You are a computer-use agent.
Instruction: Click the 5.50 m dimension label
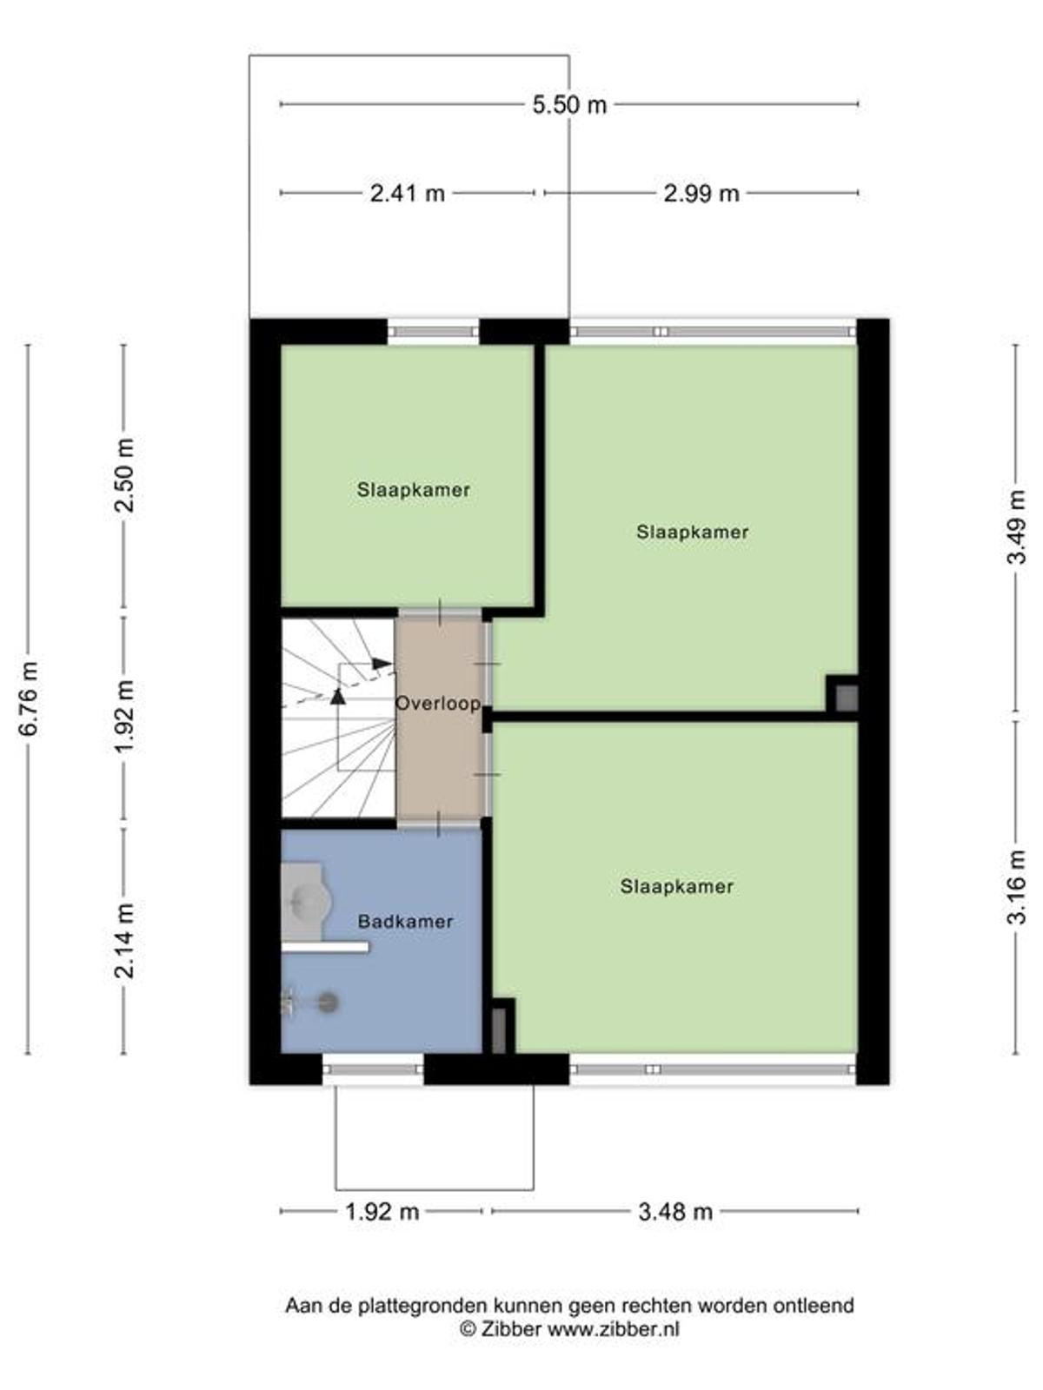[x=568, y=104]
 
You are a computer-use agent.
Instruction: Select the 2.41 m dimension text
[x=407, y=193]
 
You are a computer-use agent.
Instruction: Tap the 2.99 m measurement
[x=701, y=193]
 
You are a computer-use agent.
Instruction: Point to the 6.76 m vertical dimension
[x=29, y=698]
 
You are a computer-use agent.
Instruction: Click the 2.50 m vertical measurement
[x=125, y=475]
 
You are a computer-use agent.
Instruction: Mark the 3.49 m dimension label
[x=1016, y=526]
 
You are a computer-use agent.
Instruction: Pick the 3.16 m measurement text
[x=1016, y=887]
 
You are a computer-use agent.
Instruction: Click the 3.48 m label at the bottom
[x=675, y=1211]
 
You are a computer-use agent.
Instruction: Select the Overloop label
[x=437, y=703]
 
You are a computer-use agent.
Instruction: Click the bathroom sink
[x=305, y=901]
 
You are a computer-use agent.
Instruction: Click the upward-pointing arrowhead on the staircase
[x=338, y=697]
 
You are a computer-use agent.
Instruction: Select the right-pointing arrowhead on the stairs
[x=382, y=663]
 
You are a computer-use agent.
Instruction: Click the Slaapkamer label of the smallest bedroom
[x=413, y=490]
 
